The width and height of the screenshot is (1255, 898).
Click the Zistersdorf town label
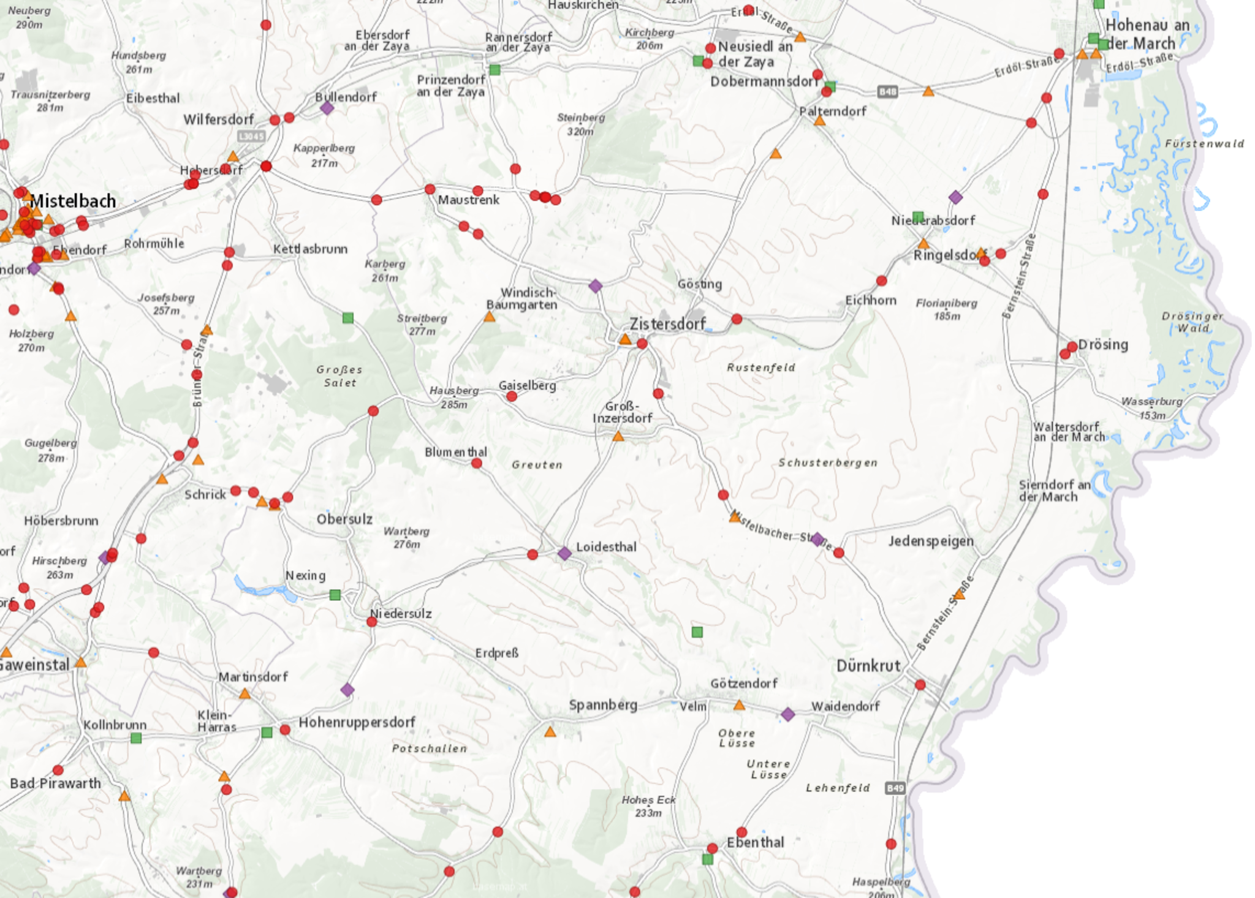(x=667, y=323)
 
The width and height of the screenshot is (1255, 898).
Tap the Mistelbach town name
(x=72, y=201)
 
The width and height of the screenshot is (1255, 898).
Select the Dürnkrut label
(x=868, y=666)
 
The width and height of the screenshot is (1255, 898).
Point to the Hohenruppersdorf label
(x=357, y=723)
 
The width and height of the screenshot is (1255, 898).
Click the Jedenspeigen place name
(x=931, y=541)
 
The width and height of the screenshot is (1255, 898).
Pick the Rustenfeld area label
(x=760, y=368)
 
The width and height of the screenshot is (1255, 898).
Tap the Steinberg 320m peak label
(x=580, y=124)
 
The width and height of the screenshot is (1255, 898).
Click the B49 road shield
(x=895, y=788)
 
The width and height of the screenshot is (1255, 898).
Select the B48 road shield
(x=887, y=92)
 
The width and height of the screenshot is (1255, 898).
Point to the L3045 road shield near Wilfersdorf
(x=251, y=136)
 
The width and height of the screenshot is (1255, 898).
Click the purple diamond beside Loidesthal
(x=564, y=554)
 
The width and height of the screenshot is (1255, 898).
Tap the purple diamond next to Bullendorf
(x=327, y=108)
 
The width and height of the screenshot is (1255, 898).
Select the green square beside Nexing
(x=335, y=595)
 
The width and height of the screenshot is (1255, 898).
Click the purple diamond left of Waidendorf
(x=788, y=714)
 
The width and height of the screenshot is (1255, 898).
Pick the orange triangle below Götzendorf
(x=739, y=706)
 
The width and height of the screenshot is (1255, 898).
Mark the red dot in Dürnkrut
(x=920, y=685)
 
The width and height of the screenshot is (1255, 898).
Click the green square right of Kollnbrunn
(x=136, y=738)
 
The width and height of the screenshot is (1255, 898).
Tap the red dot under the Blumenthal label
(x=477, y=464)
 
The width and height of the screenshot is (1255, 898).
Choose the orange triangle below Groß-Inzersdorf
(x=618, y=437)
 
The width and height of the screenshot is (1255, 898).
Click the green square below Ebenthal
(x=707, y=859)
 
